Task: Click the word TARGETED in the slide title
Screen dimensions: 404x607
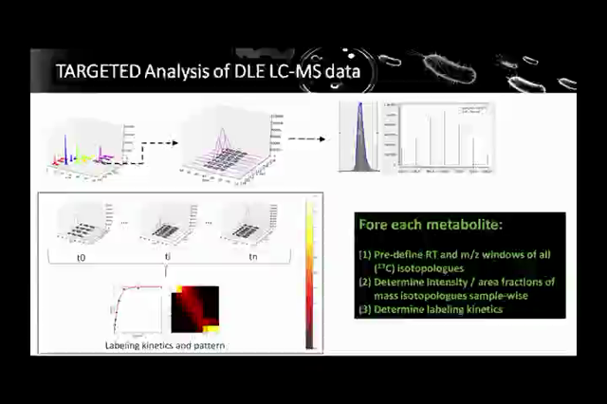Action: pos(94,71)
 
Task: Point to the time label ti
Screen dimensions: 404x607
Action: pos(167,256)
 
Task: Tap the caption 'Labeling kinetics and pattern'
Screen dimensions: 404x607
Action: pos(165,345)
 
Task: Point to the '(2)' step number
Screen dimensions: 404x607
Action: pos(365,282)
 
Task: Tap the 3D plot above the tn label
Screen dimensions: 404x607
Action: pos(247,220)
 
